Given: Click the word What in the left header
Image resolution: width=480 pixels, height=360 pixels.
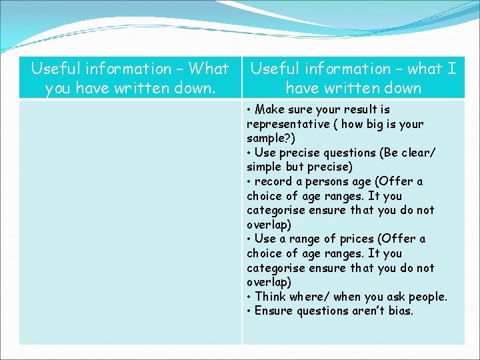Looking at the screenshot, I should point(209,69).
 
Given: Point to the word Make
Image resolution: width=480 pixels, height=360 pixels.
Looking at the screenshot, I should point(270,109).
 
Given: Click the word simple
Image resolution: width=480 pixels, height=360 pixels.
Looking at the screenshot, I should point(265,167).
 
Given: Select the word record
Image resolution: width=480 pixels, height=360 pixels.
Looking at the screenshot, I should point(273,181).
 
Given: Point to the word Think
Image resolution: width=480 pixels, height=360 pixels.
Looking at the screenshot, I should point(271,297).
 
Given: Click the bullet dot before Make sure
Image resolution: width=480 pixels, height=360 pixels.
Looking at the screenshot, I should point(249,110).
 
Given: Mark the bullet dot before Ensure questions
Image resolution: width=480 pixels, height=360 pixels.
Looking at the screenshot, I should point(249,311).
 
